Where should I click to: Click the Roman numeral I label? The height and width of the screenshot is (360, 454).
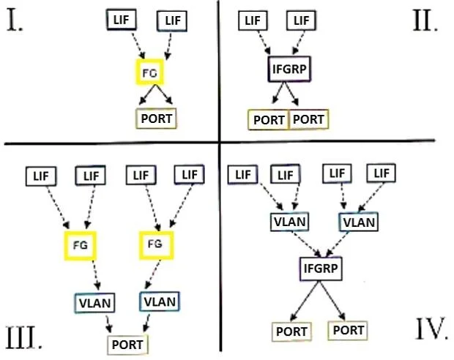coord(15,20)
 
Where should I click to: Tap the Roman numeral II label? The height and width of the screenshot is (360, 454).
coord(425,20)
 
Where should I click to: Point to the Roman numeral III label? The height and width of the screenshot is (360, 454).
coord(23,337)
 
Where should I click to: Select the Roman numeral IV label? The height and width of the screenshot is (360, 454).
coord(431,329)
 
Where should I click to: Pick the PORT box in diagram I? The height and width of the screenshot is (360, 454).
coord(156,119)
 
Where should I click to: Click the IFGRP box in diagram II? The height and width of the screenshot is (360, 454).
coord(289,70)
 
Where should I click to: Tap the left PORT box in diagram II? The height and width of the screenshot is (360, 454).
coord(269,119)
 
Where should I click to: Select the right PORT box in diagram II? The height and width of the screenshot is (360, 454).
coord(309,119)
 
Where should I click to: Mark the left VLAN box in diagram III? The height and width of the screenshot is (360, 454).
coord(95,303)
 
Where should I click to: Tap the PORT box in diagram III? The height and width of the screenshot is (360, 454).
coord(127,345)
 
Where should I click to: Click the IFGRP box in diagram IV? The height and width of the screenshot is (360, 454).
coord(321,269)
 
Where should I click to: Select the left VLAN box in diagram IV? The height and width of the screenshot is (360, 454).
coord(289,222)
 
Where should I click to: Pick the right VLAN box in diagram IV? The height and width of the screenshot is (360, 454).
coord(359,222)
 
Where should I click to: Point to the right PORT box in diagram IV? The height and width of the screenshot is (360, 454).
coord(348,331)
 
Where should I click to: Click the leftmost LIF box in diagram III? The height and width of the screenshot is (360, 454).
coord(41,176)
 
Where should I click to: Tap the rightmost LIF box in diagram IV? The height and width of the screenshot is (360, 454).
coord(381,173)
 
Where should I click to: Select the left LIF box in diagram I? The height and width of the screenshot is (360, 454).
coord(122,20)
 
